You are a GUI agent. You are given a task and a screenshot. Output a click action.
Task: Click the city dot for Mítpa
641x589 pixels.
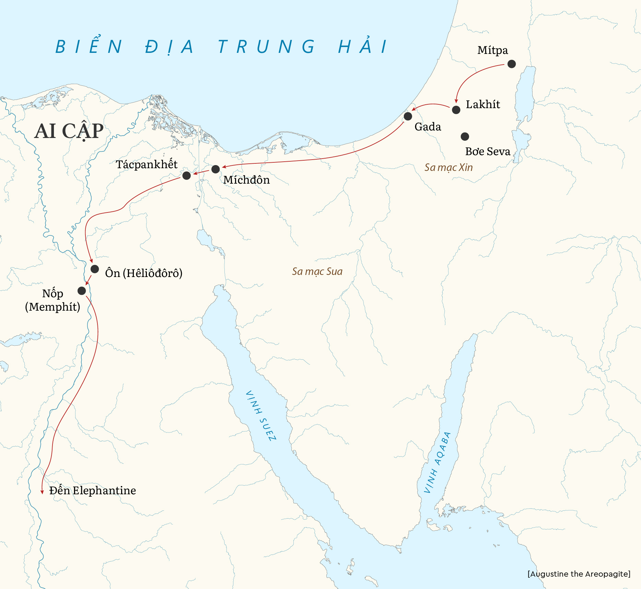pyautogui.click(x=511, y=64)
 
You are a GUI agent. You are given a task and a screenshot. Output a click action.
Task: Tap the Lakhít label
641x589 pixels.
pyautogui.click(x=482, y=104)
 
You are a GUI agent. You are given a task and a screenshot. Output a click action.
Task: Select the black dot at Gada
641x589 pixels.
pyautogui.click(x=408, y=116)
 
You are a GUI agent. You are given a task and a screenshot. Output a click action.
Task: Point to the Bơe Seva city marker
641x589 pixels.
pyautogui.click(x=465, y=137)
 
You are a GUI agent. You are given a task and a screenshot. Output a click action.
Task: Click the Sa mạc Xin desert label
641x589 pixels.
pyautogui.click(x=448, y=168)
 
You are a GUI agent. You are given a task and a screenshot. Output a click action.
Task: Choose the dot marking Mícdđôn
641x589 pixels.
pyautogui.click(x=215, y=169)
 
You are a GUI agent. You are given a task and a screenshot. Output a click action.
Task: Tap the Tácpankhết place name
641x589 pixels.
pyautogui.click(x=147, y=164)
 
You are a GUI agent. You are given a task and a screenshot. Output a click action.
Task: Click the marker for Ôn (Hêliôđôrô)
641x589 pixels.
pyautogui.click(x=95, y=269)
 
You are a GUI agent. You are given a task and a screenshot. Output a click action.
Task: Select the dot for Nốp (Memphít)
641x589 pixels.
pyautogui.click(x=82, y=291)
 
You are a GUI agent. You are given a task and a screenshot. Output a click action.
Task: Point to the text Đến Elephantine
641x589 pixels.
pyautogui.click(x=92, y=490)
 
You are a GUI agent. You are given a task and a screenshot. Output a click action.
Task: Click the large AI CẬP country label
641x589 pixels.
pyautogui.click(x=69, y=131)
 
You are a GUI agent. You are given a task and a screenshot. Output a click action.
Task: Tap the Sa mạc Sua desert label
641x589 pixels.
pyautogui.click(x=317, y=272)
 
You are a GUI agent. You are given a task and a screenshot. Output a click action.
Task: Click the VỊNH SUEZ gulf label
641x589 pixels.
pyautogui.click(x=261, y=416)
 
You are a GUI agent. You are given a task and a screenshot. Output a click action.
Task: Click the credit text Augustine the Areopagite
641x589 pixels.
pyautogui.click(x=579, y=574)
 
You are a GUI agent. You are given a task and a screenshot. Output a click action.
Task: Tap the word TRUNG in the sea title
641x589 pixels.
pyautogui.click(x=266, y=47)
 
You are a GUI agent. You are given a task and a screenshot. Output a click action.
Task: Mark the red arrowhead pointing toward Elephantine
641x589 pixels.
pyautogui.click(x=42, y=492)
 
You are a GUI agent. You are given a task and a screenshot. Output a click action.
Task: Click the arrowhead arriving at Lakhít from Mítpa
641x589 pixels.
pyautogui.click(x=456, y=101)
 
